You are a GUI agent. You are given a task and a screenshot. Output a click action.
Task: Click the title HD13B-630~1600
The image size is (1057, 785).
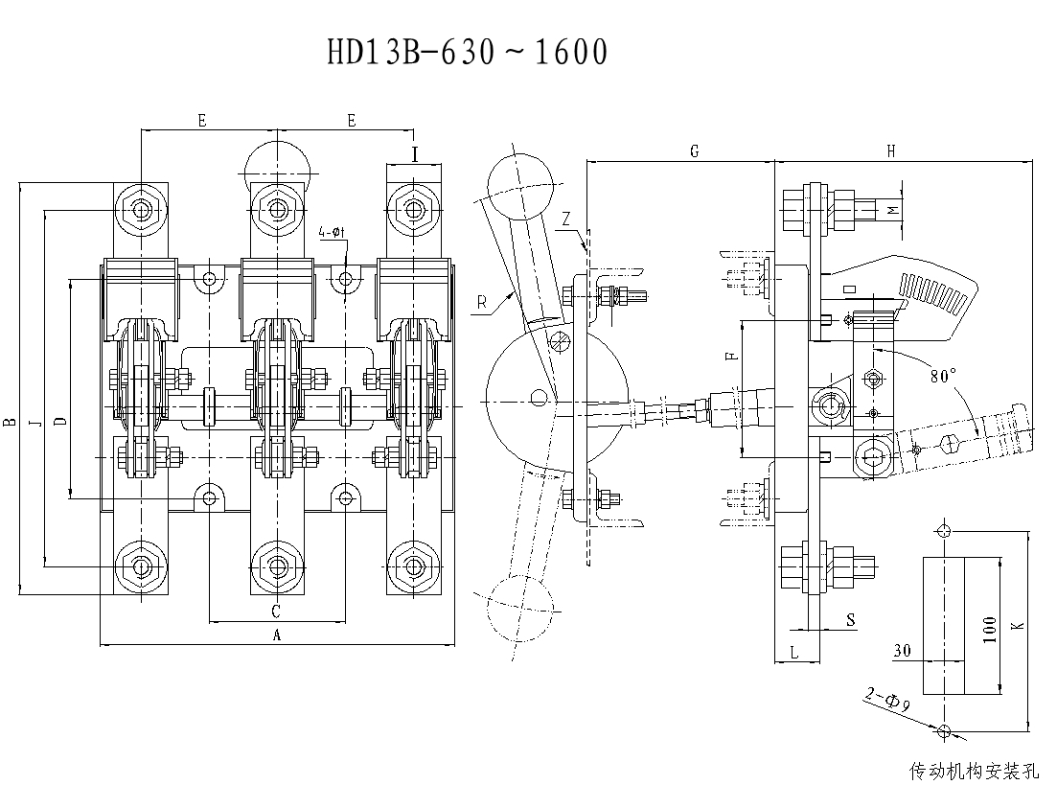468,53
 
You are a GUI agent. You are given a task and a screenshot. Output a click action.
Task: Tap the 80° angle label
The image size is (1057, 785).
943,377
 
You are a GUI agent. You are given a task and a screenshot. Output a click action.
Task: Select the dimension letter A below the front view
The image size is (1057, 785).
278,634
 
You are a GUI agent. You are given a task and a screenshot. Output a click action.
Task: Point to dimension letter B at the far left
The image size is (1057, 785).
9,421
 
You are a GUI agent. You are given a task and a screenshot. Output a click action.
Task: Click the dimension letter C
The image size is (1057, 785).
276,611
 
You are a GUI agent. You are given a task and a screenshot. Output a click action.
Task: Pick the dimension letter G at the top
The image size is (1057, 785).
694,150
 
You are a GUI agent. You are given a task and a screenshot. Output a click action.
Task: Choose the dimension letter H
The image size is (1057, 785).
891,150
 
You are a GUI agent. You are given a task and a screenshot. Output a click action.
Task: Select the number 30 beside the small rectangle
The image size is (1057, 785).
901,651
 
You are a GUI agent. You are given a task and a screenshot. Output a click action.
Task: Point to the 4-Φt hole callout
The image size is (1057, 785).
332,233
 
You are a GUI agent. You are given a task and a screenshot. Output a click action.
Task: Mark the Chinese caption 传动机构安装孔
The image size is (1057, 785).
974,770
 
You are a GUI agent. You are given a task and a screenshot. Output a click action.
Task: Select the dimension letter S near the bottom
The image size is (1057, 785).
850,621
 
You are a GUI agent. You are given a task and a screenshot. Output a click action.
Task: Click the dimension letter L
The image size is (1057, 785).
795,652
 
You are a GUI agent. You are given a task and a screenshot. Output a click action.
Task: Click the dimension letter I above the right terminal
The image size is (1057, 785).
415,153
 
